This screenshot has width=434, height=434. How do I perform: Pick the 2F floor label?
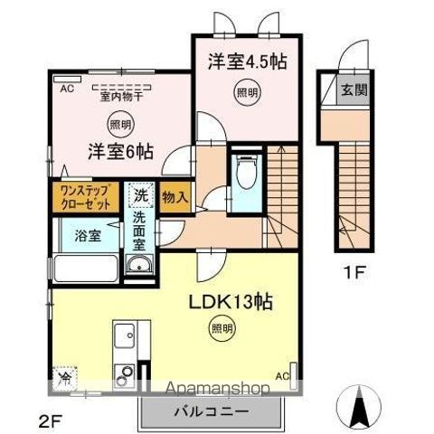[53, 419]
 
